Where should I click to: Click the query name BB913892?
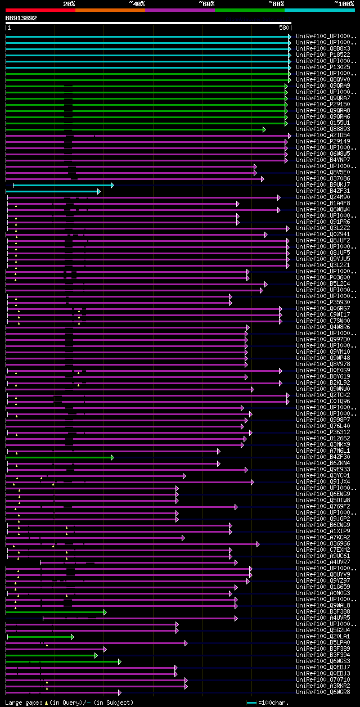coord(21,18)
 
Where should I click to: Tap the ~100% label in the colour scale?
coord(344,3)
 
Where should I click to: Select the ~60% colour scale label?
coord(206,3)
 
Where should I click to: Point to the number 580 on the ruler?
coord(284,28)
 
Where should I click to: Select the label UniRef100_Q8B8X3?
coord(323,48)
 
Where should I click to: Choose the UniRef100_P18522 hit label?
coord(323,55)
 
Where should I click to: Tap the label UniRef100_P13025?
coord(323,67)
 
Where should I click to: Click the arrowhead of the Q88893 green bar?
coord(264,129)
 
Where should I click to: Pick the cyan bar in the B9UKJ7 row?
coord(62,185)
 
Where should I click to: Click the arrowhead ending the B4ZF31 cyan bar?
coord(99,191)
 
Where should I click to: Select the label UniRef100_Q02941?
coord(323,235)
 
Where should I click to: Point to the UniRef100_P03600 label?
coord(323,278)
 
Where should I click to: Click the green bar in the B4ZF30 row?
coord(59,457)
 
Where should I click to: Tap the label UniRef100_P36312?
coord(323,433)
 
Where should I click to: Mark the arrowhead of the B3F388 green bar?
coord(105,612)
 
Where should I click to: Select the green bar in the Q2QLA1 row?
coord(39,637)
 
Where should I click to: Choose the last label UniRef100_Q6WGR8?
coord(323,692)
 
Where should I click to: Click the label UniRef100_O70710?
coord(323,680)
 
